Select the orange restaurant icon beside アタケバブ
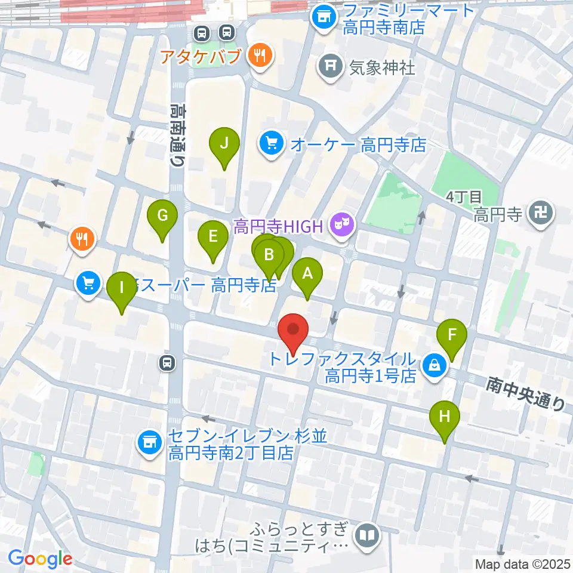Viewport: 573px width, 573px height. pos(259,57)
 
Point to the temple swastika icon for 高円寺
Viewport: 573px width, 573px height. pos(541,212)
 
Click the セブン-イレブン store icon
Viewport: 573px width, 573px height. pos(149,442)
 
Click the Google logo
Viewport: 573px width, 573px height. pos(40,559)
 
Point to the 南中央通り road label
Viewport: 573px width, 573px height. pos(525,393)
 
